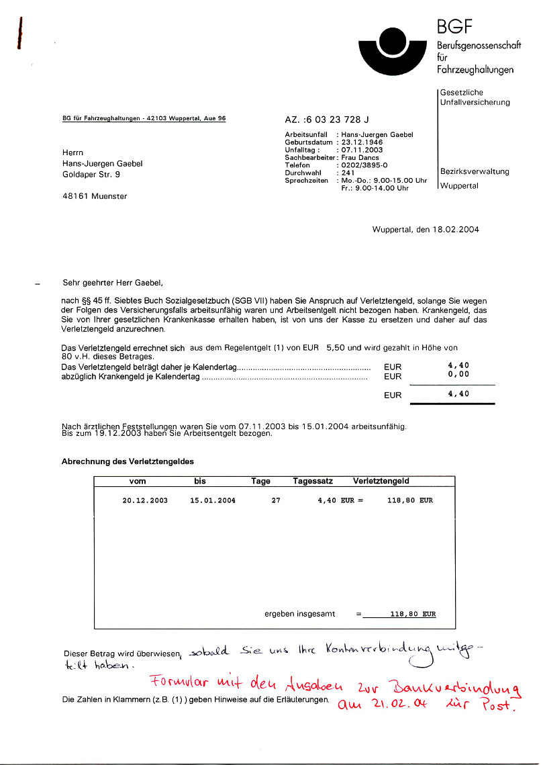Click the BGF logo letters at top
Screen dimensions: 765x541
coord(454,27)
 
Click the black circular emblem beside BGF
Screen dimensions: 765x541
coord(389,50)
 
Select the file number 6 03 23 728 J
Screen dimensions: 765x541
coord(336,120)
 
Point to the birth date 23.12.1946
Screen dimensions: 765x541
coord(362,142)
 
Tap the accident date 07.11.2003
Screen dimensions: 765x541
coord(362,150)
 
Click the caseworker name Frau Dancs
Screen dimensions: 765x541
coord(360,158)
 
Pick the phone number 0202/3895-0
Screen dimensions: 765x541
coord(364,165)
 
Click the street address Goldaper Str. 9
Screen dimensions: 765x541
coord(91,175)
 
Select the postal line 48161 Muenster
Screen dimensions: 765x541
coord(94,196)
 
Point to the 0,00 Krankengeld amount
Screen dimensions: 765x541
coord(458,374)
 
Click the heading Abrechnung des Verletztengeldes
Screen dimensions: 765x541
coord(128,461)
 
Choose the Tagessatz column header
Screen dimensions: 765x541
coord(312,481)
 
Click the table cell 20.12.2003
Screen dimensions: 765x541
coord(145,500)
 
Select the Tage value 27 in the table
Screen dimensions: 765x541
coord(276,500)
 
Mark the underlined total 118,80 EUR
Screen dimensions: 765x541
coord(403,614)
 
